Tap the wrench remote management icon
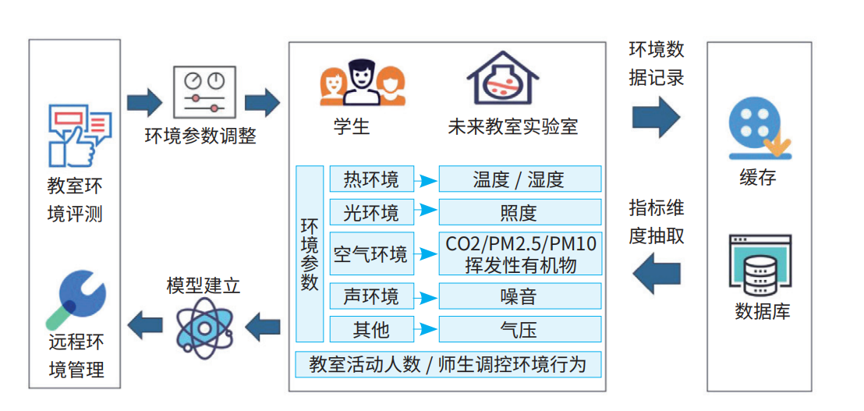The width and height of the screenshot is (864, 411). pyautogui.click(x=76, y=299)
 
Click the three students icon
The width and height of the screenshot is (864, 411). pyautogui.click(x=363, y=82)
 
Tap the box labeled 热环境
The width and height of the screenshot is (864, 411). pyautogui.click(x=370, y=179)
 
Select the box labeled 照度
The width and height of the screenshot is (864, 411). pyautogui.click(x=519, y=212)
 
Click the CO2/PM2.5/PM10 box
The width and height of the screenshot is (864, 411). pyautogui.click(x=519, y=253)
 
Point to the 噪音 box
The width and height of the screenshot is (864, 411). pyautogui.click(x=519, y=296)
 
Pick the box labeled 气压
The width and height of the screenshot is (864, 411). pyautogui.click(x=519, y=329)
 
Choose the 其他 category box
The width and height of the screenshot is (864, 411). pyautogui.click(x=370, y=329)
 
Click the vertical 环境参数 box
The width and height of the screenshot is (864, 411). pyautogui.click(x=310, y=253)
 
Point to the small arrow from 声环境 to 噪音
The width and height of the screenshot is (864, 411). pyautogui.click(x=425, y=296)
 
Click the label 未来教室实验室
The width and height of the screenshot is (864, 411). pyautogui.click(x=512, y=126)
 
